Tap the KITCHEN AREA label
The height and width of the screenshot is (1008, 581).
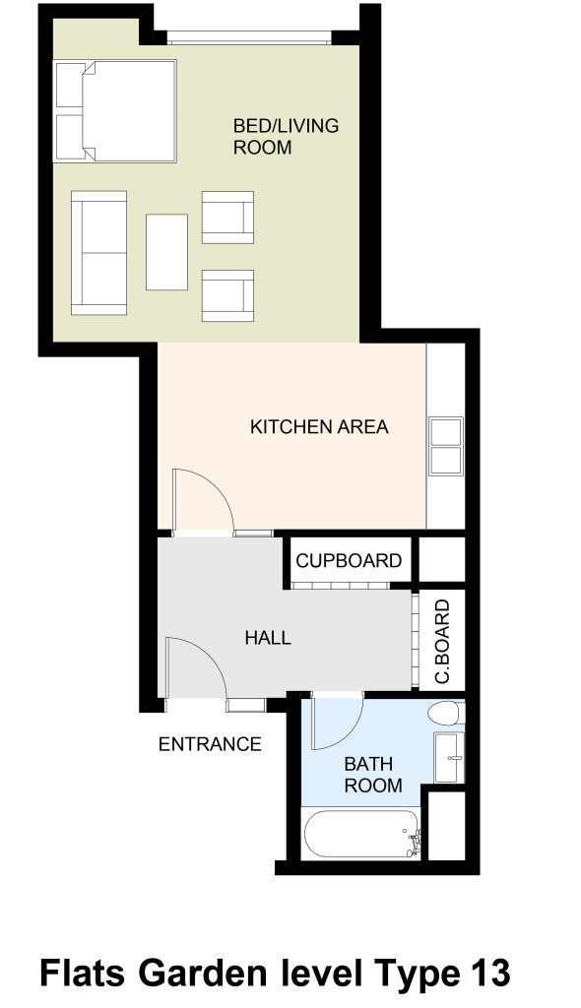(x=319, y=427)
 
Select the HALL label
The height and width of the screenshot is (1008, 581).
(x=268, y=638)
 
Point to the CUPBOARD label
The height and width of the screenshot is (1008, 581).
(x=350, y=561)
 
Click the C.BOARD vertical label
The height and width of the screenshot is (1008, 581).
(x=442, y=641)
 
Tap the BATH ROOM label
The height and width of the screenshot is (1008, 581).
(x=372, y=775)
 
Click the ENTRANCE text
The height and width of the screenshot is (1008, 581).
(x=210, y=744)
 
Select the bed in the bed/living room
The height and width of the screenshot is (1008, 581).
(x=116, y=110)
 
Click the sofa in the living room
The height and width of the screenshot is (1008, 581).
(x=99, y=252)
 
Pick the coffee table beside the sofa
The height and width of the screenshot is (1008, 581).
(x=166, y=252)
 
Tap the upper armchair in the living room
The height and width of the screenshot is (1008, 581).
(x=227, y=218)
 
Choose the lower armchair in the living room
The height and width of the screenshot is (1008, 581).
(x=227, y=295)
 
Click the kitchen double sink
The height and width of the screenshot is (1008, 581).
(x=445, y=447)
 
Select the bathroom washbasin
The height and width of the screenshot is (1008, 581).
(x=448, y=758)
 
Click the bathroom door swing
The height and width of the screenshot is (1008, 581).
(x=337, y=723)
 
